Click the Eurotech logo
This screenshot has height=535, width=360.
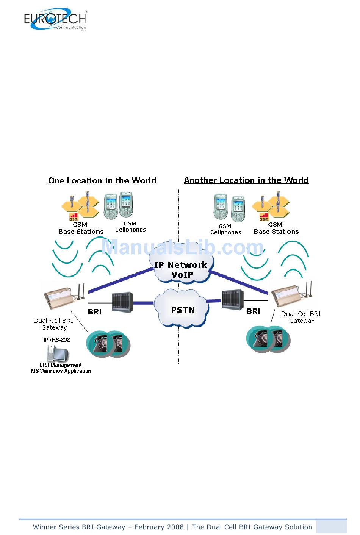(x=55, y=19)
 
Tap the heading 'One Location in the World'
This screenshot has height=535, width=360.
(x=102, y=180)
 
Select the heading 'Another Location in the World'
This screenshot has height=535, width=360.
(x=246, y=180)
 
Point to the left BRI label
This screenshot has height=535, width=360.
(x=94, y=312)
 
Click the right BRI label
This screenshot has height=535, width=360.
(x=253, y=311)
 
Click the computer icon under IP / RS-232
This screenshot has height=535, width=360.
(x=56, y=353)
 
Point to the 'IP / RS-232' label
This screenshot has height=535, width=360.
(x=57, y=340)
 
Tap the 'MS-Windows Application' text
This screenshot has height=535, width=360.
(x=61, y=371)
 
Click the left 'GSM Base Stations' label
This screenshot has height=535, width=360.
(x=81, y=228)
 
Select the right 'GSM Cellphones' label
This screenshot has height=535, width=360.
(x=225, y=229)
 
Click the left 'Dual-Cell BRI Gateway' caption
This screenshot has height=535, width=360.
(x=53, y=324)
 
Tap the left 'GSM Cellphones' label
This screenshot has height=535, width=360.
(x=130, y=227)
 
